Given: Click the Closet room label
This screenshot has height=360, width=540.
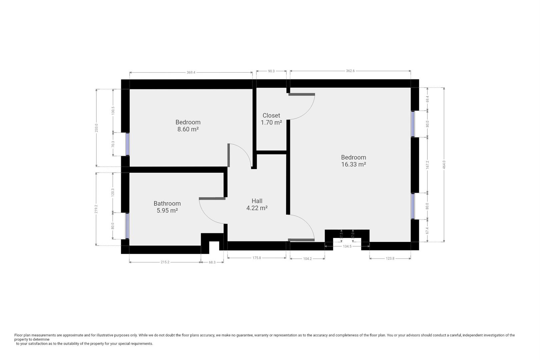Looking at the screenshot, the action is tap(271, 115).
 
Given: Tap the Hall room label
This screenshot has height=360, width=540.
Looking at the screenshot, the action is tap(257, 201).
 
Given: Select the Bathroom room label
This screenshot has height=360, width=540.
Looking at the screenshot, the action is tap(167, 204).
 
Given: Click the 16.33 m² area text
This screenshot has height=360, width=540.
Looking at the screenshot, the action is tap(354, 164).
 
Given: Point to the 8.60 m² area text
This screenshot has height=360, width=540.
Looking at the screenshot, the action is tap(188, 129).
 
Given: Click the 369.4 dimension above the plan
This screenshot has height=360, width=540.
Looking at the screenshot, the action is tap(191, 72).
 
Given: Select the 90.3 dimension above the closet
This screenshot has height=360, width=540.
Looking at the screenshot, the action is tap(271, 71).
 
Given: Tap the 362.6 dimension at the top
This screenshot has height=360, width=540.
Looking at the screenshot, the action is tap(350, 71).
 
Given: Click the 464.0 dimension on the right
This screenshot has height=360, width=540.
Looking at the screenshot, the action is tap(444, 164).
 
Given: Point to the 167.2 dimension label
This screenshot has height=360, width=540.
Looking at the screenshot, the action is tap(427, 165).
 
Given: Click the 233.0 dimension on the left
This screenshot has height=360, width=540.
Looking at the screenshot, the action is tap(96, 128).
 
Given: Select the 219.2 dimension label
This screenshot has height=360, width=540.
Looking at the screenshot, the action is tap(96, 209).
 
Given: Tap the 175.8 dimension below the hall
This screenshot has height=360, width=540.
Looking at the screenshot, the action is tap(257, 258).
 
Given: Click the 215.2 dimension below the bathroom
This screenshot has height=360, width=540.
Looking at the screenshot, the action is tap(165, 262).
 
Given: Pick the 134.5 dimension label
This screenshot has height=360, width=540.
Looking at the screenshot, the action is tap(347, 246).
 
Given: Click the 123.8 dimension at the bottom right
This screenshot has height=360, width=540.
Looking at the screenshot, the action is tap(390, 258).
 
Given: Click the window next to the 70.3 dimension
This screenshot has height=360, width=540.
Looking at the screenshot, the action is tap(128, 144).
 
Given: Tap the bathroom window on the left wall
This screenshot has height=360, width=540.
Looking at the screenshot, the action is tap(127, 226).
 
